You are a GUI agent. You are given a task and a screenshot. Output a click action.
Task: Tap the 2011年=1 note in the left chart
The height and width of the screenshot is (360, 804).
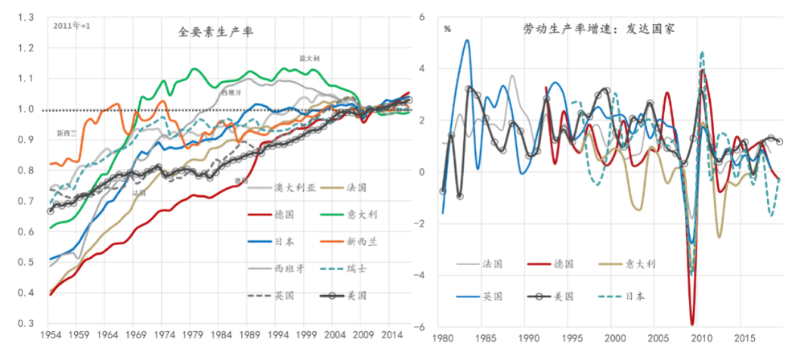point(72,26)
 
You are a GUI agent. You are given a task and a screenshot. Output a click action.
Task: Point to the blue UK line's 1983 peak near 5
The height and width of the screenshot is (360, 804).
point(467,40)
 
